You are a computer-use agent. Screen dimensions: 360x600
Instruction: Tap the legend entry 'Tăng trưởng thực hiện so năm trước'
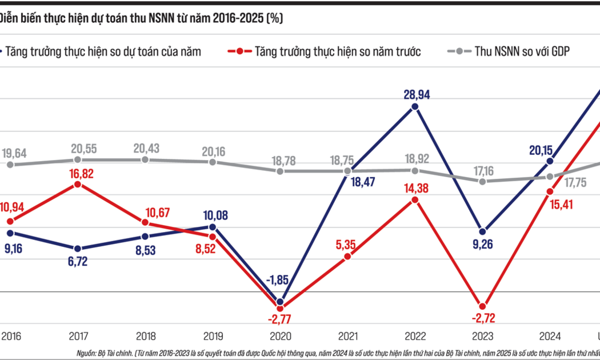[x=338, y=51]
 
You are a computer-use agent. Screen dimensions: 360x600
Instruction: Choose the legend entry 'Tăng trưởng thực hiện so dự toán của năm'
[x=103, y=51]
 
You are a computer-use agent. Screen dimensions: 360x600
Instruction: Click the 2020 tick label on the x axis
[x=279, y=337]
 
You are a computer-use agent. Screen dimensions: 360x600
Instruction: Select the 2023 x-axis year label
[x=482, y=337]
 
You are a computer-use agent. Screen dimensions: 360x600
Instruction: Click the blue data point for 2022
[x=415, y=106]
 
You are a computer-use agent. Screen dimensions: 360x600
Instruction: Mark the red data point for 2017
[x=77, y=185]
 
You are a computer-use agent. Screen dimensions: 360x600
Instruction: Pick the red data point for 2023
[x=482, y=306]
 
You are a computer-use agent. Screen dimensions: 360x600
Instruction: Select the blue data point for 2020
[x=279, y=302]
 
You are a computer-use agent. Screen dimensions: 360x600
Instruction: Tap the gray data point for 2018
[x=145, y=160]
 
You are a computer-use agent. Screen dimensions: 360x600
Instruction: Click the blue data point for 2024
[x=550, y=161]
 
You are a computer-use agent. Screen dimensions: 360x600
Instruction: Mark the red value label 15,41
[x=550, y=204]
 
